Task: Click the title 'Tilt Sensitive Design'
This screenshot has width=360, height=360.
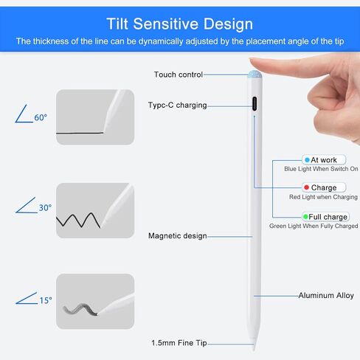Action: (x=180, y=24)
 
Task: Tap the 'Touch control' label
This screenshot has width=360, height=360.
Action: (x=179, y=75)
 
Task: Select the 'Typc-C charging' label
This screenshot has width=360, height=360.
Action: (x=177, y=105)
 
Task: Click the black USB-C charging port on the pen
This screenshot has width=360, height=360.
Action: (x=255, y=103)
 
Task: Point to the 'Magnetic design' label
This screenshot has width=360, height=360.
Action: (x=178, y=236)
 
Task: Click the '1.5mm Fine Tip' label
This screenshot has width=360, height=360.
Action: (x=179, y=343)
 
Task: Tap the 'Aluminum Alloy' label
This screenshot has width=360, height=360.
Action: (x=326, y=295)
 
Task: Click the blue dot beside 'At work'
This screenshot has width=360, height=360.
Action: (x=307, y=160)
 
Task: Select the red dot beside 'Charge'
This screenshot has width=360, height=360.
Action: (x=306, y=187)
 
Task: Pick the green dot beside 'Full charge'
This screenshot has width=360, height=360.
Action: (x=305, y=217)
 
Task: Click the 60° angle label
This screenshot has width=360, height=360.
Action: (x=41, y=117)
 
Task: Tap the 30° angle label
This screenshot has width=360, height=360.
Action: (x=45, y=208)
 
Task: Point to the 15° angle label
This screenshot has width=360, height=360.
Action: (x=46, y=300)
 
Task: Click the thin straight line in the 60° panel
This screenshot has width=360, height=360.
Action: (x=80, y=133)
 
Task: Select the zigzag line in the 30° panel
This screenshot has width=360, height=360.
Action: (x=78, y=220)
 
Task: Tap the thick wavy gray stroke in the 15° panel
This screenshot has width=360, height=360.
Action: (x=80, y=310)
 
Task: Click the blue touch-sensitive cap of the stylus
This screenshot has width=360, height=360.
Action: (x=255, y=75)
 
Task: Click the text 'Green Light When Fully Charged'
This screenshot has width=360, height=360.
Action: (x=314, y=226)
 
